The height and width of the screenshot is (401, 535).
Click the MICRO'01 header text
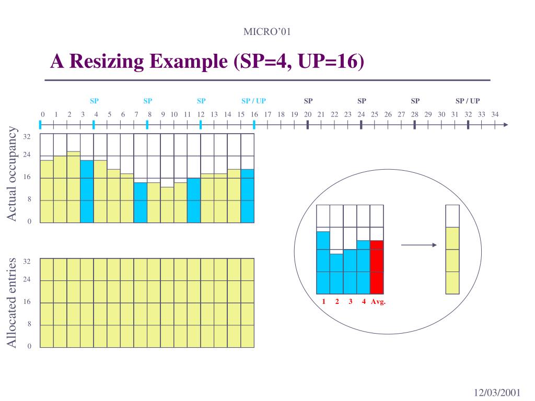click(267, 32)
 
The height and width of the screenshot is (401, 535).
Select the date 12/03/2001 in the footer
click(497, 393)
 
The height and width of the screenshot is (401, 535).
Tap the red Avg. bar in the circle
click(377, 267)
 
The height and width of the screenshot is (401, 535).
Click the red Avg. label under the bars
click(378, 302)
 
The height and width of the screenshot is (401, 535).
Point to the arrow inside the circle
click(418, 245)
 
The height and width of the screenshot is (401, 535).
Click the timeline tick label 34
click(495, 114)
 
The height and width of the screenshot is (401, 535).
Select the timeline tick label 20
click(308, 114)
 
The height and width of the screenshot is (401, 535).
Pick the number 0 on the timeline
click(43, 114)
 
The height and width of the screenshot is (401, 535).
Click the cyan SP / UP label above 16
click(253, 101)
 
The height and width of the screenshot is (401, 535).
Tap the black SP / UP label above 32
click(468, 101)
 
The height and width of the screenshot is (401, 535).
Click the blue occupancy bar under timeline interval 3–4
click(87, 192)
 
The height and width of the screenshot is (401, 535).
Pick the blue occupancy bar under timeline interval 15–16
click(247, 196)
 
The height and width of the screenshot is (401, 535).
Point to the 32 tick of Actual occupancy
click(27, 137)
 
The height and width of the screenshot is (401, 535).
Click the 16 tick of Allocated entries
click(27, 302)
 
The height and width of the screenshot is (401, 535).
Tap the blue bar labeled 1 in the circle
click(323, 263)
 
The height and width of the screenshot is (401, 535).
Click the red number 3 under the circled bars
click(351, 302)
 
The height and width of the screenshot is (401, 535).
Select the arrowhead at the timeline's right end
click(505, 125)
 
